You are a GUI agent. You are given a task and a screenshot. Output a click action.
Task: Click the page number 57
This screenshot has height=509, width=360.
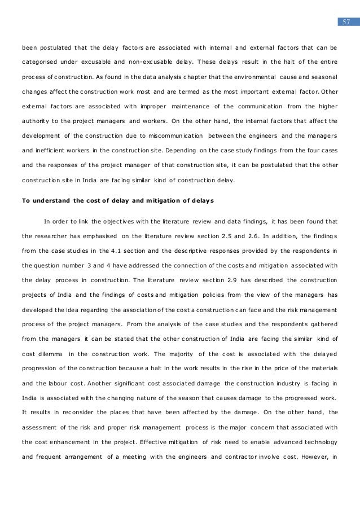coord(346,22)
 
